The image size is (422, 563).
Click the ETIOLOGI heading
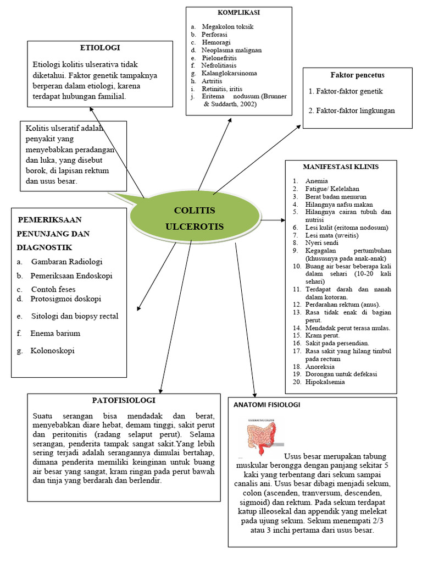100,48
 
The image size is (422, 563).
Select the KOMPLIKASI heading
238,12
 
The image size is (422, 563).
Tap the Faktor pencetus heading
357,75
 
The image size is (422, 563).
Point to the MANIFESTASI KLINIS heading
341,167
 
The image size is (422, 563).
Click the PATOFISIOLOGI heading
124,400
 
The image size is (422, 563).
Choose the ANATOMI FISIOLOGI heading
267,405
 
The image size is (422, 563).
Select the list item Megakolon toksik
227,26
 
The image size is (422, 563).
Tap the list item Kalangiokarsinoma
229,73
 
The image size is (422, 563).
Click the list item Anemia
318,181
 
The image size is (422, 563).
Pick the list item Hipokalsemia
326,382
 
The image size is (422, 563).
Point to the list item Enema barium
55,333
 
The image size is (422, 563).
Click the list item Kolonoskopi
52,350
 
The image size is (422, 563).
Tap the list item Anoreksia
321,366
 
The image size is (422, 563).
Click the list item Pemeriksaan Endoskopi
71,275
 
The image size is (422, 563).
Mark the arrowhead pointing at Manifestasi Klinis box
282,220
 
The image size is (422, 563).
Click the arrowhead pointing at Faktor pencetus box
299,126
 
